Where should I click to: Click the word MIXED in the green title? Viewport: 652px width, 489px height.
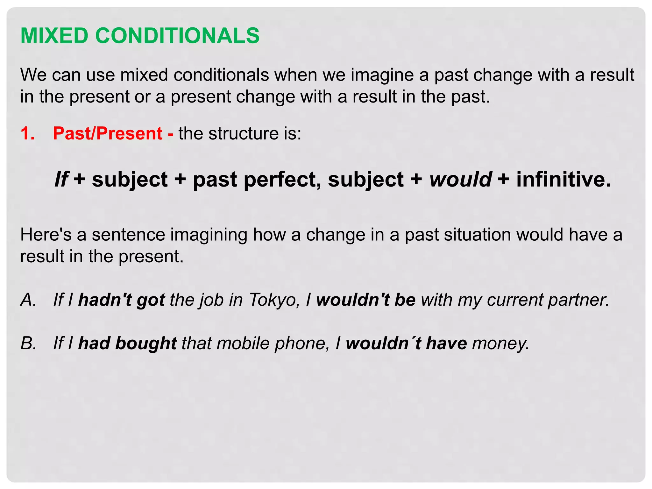(x=54, y=35)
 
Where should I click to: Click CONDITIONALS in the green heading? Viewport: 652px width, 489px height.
(x=177, y=35)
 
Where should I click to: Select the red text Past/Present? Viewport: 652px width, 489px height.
(x=108, y=133)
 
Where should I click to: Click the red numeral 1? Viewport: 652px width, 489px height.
(x=27, y=133)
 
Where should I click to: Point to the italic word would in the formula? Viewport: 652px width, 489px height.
(x=460, y=179)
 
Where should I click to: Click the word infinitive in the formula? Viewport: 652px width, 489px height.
(x=563, y=179)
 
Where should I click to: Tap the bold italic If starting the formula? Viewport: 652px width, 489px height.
(x=61, y=179)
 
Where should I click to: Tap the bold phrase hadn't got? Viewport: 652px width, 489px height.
(x=121, y=300)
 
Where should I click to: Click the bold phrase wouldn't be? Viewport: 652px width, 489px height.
(x=366, y=300)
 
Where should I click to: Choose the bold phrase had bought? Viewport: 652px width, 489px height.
(x=127, y=343)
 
